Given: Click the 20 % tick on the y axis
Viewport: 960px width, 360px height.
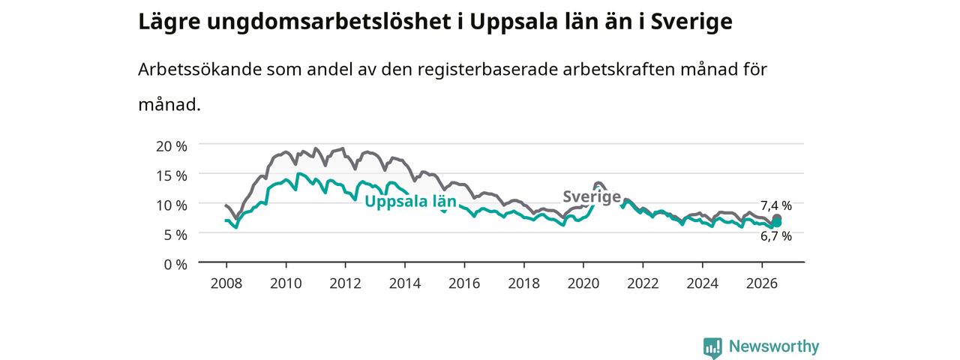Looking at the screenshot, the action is (172, 146).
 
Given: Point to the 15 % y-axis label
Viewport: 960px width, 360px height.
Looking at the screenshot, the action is (172, 176).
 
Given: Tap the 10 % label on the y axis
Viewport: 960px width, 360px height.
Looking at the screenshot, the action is (172, 205).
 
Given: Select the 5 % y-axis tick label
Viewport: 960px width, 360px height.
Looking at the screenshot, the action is (175, 235).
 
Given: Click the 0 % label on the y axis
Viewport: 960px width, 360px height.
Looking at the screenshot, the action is (175, 265).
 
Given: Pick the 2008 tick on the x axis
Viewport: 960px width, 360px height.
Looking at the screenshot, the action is (226, 283).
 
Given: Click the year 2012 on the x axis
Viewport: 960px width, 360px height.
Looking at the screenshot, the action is (346, 283).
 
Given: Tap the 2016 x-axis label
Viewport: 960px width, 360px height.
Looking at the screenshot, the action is (464, 283).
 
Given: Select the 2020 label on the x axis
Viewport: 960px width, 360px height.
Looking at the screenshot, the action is (583, 283).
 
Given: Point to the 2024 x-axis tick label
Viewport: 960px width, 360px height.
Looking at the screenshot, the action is (703, 283).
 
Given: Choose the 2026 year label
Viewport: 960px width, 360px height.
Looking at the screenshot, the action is (762, 283).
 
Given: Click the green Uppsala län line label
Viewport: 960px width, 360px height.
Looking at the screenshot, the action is (410, 202).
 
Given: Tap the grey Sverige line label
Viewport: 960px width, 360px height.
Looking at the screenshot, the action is (592, 196).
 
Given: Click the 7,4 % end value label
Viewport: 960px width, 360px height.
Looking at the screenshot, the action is (776, 205).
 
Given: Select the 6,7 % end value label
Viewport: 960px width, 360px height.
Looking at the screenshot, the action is (776, 236).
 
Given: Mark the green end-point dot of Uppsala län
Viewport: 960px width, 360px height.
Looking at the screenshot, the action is (776, 223).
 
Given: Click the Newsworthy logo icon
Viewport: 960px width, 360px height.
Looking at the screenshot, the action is (712, 347).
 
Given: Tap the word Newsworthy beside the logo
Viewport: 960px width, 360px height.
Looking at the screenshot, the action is (774, 346).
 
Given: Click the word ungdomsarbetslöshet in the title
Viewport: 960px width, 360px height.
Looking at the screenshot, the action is (328, 22).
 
